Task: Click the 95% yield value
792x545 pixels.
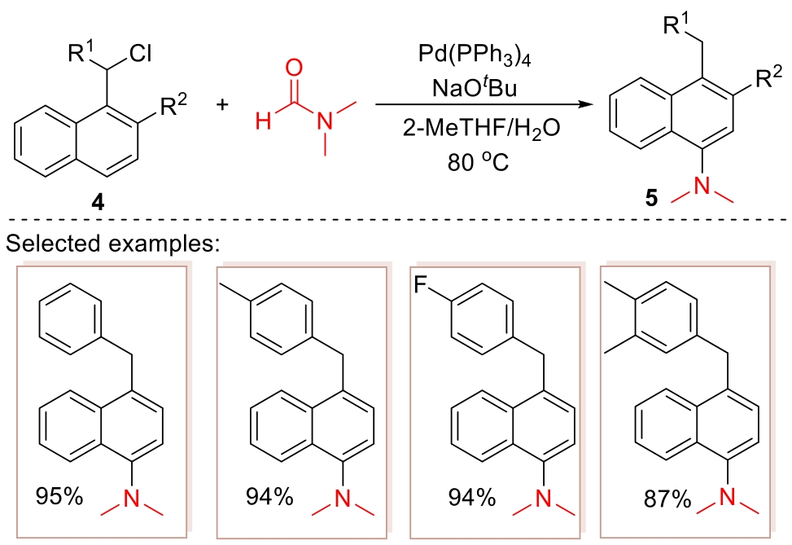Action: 59,494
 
